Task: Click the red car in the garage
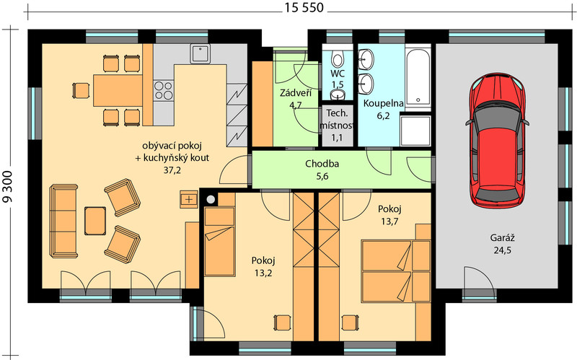click(x=497, y=141)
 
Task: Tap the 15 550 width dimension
click(x=304, y=7)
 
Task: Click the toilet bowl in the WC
click(x=337, y=59)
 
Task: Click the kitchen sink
click(x=201, y=53)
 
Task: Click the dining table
click(x=118, y=91)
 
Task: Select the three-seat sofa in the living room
click(x=63, y=221)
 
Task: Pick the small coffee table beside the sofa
click(x=95, y=221)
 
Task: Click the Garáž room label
click(x=502, y=238)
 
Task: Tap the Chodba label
click(x=322, y=164)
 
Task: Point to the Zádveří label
click(x=296, y=93)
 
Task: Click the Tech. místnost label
click(x=336, y=119)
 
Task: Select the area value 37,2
click(x=172, y=170)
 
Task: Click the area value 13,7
click(x=389, y=221)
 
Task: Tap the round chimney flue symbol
click(x=211, y=200)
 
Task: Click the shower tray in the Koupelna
click(x=415, y=131)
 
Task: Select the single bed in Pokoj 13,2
click(x=220, y=242)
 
